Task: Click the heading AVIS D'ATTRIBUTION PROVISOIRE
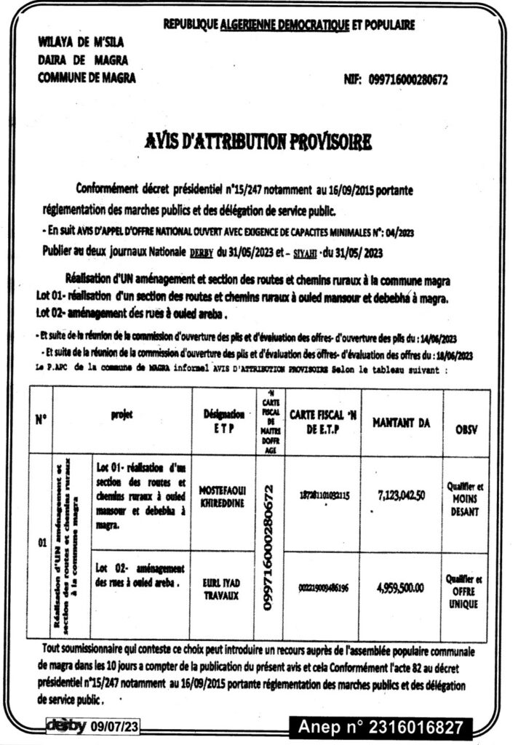click(258, 141)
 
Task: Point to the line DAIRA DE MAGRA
click(72, 60)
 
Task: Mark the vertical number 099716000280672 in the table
click(269, 547)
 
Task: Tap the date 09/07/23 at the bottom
click(115, 725)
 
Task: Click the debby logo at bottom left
click(66, 725)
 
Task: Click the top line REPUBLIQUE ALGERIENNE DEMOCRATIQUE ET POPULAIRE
click(289, 25)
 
